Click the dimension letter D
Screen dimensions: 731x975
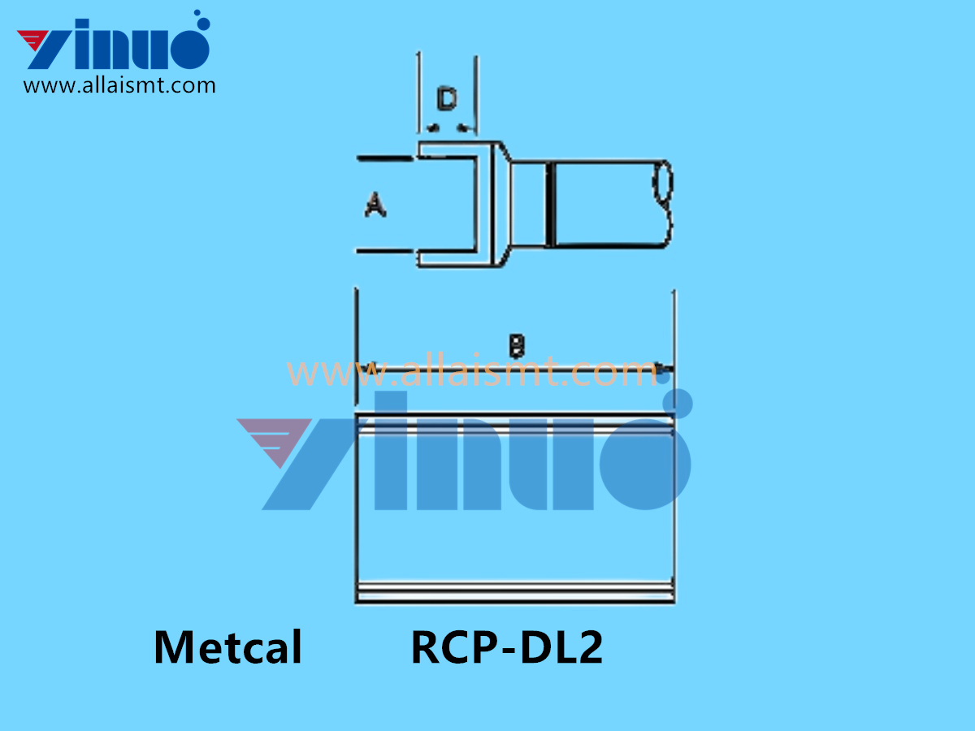pos(446,101)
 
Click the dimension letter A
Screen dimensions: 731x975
pos(375,205)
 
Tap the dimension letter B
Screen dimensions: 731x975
pos(516,347)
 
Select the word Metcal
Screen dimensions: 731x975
pos(227,648)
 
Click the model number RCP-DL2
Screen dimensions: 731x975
pos(507,648)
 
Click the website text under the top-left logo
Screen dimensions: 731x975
pos(119,85)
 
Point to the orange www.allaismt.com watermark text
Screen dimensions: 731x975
pos(471,373)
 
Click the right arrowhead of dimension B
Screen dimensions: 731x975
pos(665,369)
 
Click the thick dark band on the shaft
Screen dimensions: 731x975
pos(550,204)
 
